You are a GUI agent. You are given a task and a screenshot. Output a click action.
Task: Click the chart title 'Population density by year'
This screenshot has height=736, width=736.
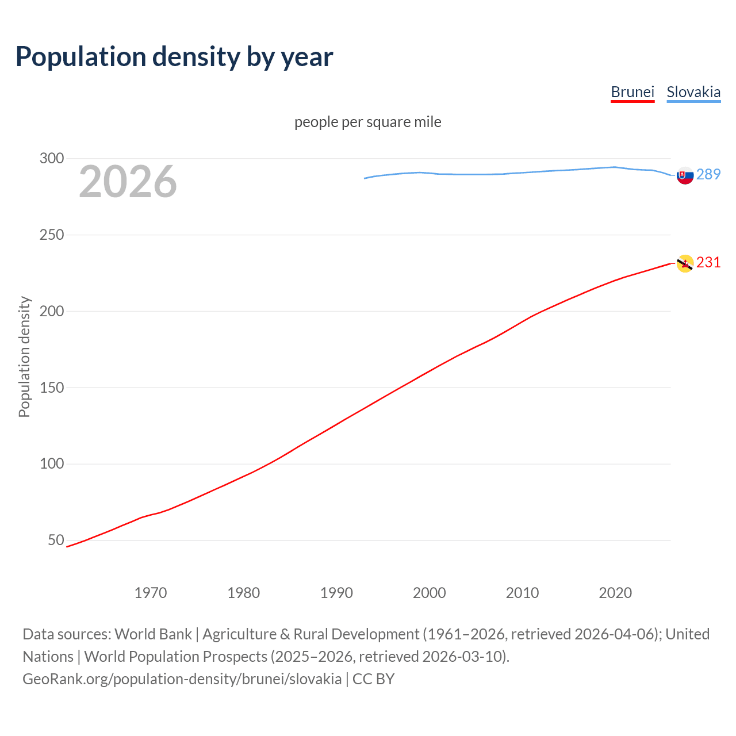(174, 57)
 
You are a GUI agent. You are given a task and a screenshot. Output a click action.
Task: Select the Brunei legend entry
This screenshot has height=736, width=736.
(632, 93)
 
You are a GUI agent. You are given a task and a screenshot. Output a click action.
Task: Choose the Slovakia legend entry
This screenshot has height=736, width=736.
(693, 93)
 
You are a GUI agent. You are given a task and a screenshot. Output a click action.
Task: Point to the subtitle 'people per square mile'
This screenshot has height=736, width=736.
(368, 122)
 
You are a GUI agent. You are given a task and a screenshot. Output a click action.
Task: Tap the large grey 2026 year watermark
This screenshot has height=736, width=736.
(128, 182)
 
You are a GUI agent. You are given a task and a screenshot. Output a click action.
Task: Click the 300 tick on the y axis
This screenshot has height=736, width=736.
(52, 158)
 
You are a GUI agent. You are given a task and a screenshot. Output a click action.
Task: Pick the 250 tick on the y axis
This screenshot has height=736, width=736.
(52, 235)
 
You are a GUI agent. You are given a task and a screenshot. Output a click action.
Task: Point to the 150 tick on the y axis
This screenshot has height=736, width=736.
(52, 388)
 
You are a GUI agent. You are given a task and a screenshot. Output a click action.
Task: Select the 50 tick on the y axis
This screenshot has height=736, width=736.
(56, 540)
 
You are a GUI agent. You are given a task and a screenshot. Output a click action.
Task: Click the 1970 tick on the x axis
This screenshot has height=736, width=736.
(151, 593)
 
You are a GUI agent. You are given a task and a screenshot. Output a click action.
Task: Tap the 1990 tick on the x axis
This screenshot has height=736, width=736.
(336, 593)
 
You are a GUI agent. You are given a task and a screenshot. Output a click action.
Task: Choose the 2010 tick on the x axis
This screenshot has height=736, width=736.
(522, 593)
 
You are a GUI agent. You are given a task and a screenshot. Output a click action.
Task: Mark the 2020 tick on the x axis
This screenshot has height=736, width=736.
(615, 593)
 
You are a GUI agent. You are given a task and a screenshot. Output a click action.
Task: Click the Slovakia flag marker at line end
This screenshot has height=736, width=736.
(685, 175)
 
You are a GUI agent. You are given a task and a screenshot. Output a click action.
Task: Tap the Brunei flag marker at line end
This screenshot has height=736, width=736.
(685, 263)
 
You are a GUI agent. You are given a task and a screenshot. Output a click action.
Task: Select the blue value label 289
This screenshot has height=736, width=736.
(708, 175)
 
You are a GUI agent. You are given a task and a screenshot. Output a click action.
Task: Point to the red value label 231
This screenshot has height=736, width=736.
(708, 263)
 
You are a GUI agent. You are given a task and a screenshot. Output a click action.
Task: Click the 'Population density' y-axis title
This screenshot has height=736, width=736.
(24, 356)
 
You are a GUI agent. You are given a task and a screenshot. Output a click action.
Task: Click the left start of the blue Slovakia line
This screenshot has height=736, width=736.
(365, 178)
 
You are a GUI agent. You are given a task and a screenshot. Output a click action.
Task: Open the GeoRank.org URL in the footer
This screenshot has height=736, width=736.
(182, 679)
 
